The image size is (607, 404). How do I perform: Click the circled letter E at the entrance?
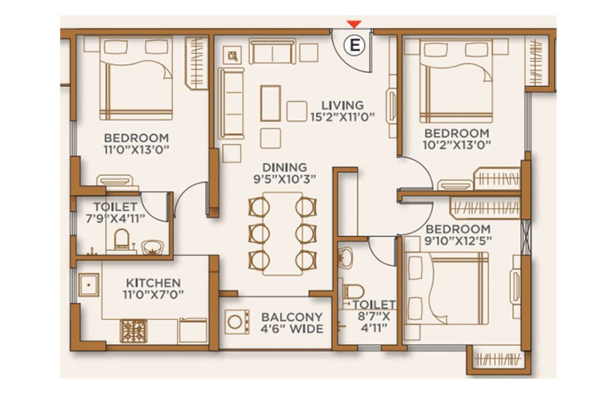pyautogui.click(x=355, y=45)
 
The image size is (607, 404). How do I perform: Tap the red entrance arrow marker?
pyautogui.click(x=355, y=24)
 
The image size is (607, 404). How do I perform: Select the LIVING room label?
pyautogui.click(x=342, y=105)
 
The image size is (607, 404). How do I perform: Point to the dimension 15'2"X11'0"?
pyautogui.click(x=342, y=117)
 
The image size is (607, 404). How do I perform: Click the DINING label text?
pyautogui.click(x=285, y=168)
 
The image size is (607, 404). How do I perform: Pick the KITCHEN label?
pyautogui.click(x=153, y=283)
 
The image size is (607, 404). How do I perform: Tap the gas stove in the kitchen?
pyautogui.click(x=134, y=331)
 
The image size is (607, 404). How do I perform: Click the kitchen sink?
pyautogui.click(x=89, y=285)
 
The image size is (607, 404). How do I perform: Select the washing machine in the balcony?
pyautogui.click(x=237, y=322)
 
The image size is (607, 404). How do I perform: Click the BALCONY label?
pyautogui.click(x=292, y=317)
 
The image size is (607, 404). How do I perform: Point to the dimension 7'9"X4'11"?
pyautogui.click(x=115, y=219)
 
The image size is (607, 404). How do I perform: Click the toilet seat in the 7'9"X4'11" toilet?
pyautogui.click(x=121, y=239)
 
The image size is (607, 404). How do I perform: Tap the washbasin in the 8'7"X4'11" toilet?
pyautogui.click(x=346, y=258)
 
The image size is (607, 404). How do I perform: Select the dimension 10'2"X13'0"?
pyautogui.click(x=457, y=145)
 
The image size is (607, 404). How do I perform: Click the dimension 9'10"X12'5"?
pyautogui.click(x=458, y=241)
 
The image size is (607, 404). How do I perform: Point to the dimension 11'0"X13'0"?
pyautogui.click(x=136, y=150)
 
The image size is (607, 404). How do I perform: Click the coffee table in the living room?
pyautogui.click(x=271, y=103)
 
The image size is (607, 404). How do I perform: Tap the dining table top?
pyautogui.click(x=282, y=234)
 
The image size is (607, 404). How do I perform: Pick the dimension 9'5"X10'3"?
pyautogui.click(x=285, y=179)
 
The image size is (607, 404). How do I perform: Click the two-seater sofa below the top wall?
pyautogui.click(x=272, y=52)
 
